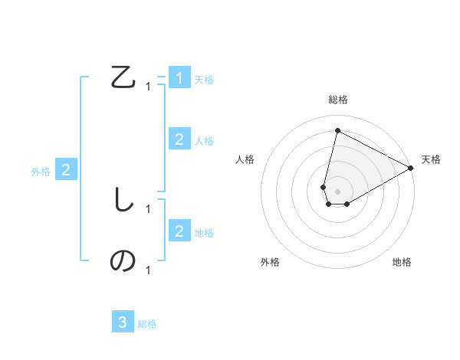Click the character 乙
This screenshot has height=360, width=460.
coord(123,78)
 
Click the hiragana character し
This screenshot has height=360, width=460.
coord(123,200)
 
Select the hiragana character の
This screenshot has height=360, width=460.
coord(123,261)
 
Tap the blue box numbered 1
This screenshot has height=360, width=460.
coord(179,78)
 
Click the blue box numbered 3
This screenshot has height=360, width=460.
coord(123,322)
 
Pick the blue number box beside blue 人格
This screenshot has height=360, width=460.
coord(179,139)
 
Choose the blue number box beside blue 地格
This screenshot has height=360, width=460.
coord(179,231)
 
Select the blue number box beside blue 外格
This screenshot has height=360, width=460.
coord(66,170)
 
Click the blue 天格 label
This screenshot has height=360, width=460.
coord(204,80)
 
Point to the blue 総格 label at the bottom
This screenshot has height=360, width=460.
coord(147,324)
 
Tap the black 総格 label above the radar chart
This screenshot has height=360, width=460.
coord(337,100)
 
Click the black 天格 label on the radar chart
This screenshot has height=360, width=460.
coord(431,159)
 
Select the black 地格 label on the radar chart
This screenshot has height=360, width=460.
coord(402,263)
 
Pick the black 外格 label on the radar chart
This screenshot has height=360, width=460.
coord(270,263)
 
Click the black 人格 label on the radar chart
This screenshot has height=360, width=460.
coord(245,159)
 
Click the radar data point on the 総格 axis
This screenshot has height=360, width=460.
coord(337,130)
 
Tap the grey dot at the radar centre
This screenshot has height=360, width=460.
coord(337,191)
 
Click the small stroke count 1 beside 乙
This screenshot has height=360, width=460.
coord(148,87)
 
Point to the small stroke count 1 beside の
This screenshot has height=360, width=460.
coord(148,270)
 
